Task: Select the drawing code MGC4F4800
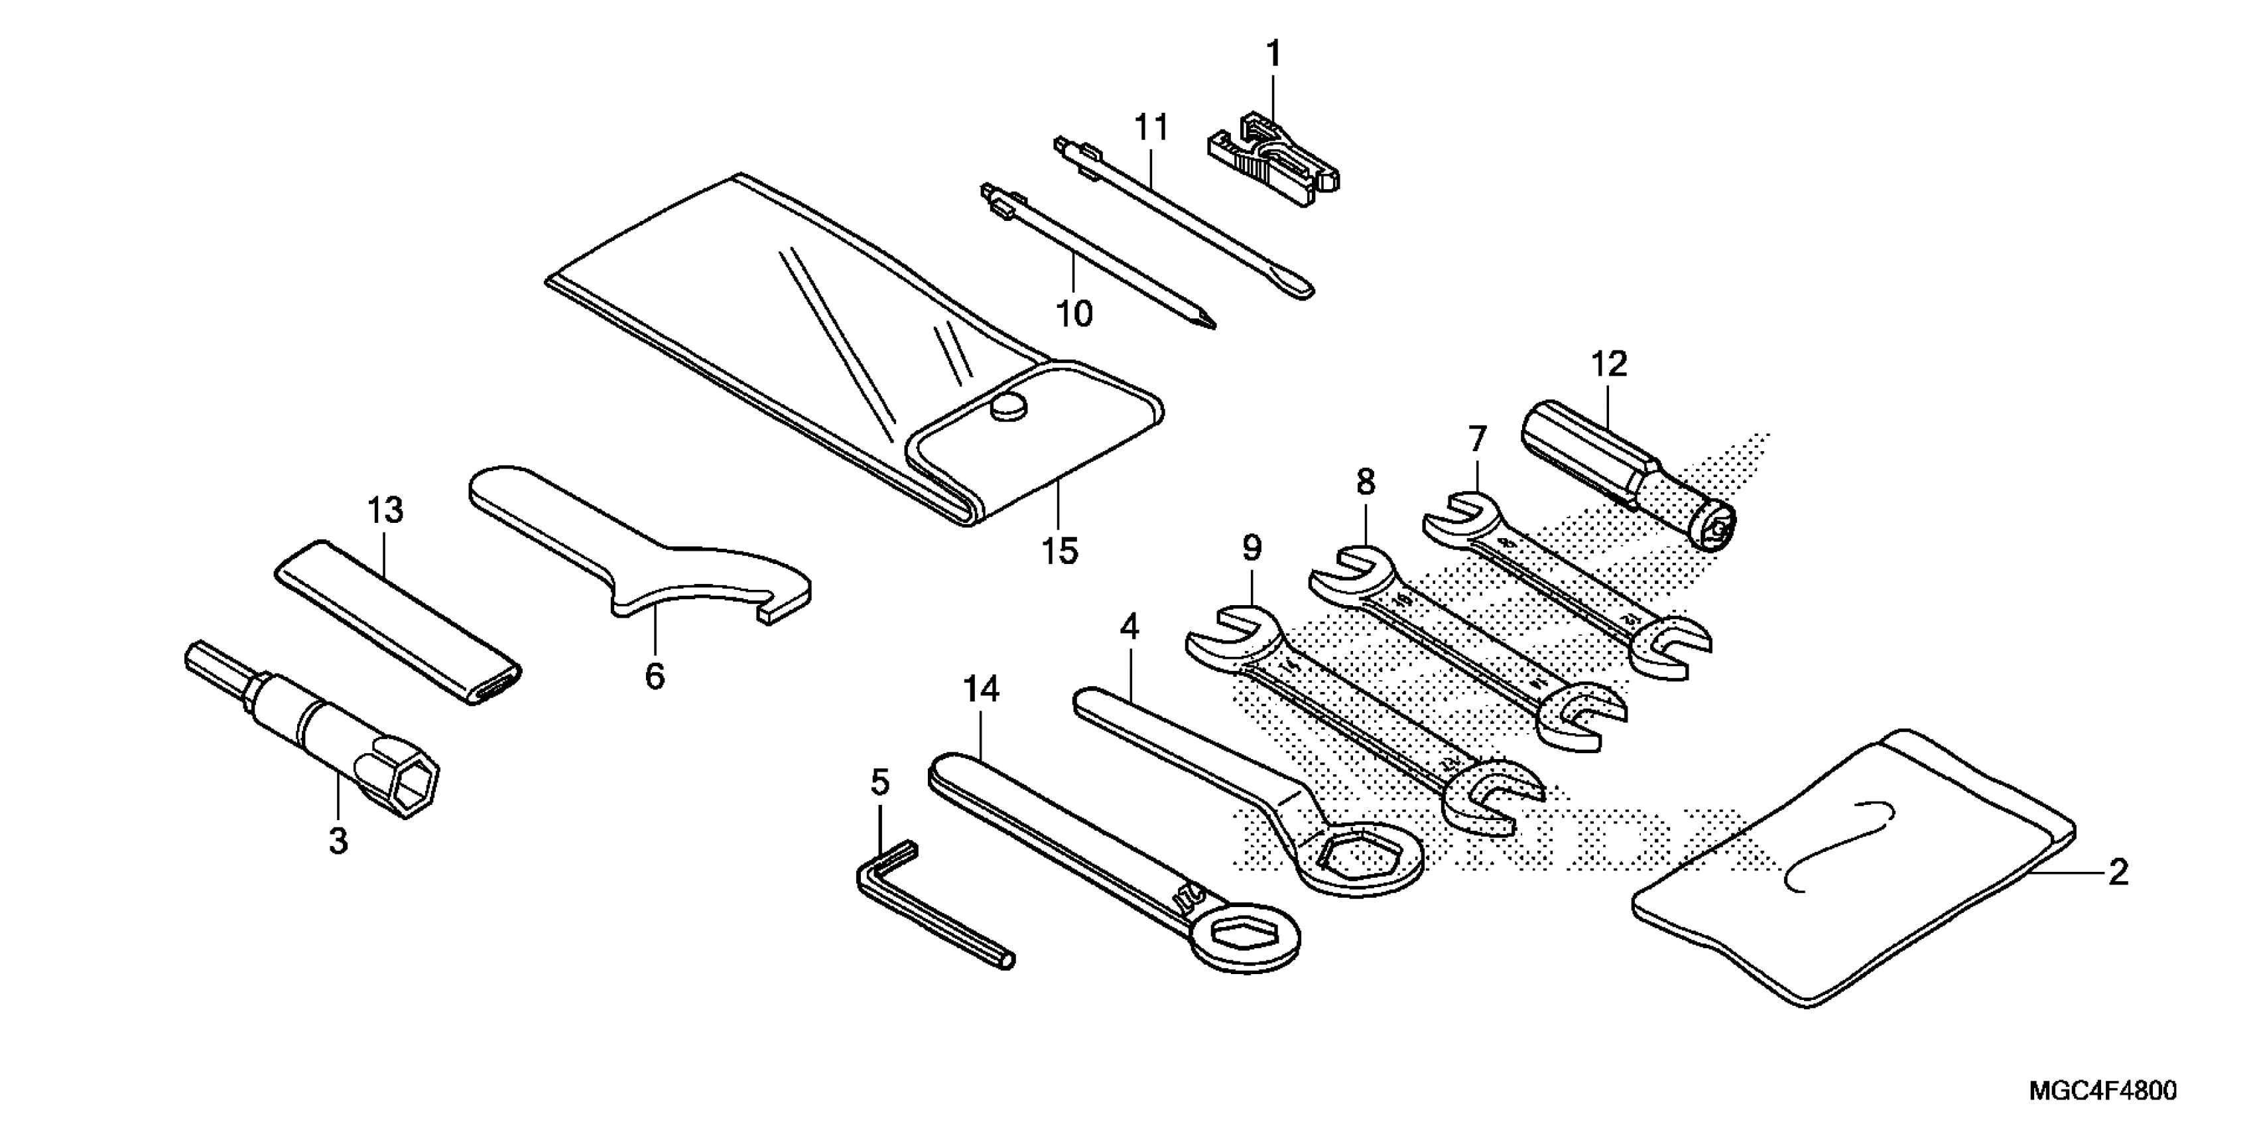2101,1092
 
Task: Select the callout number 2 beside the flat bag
2118,873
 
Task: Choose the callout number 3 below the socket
338,841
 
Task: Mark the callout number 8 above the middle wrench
1366,482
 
